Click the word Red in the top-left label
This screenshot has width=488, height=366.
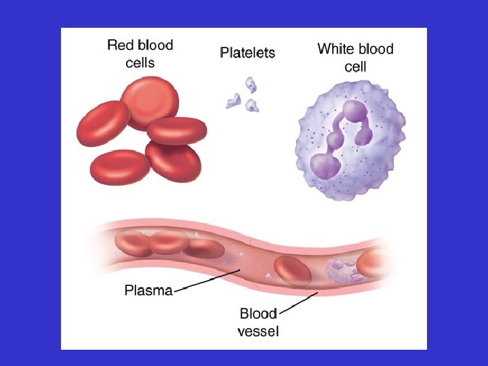(121, 46)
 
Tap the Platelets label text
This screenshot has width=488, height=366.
(247, 52)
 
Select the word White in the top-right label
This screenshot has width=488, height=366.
(340, 49)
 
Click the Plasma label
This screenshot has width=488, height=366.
(148, 291)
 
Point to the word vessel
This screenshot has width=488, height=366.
(258, 331)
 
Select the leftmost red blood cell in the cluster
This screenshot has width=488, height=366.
(103, 124)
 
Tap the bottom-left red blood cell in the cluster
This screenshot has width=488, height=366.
(120, 167)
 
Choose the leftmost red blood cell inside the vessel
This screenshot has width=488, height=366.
(132, 243)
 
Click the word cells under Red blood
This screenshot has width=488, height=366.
(140, 63)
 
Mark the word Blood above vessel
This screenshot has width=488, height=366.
(258, 314)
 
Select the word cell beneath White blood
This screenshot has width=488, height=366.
(355, 66)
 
